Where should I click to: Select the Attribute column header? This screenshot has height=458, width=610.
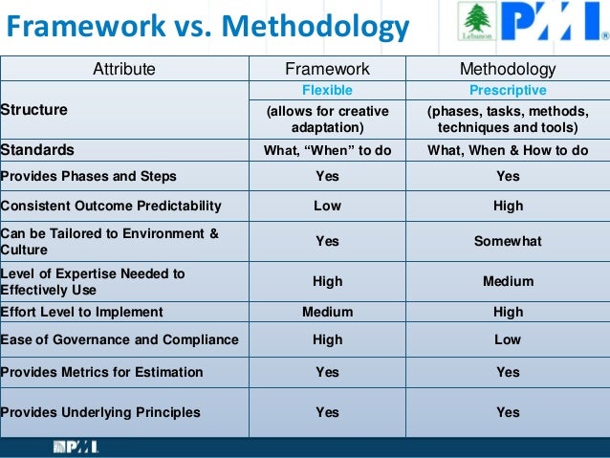123,69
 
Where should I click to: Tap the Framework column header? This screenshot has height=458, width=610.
327,69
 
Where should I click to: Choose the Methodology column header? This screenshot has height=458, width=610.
508,69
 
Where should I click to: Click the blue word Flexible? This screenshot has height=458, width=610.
327,91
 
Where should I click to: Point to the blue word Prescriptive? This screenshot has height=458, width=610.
508,91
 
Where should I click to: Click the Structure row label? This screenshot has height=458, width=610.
34,110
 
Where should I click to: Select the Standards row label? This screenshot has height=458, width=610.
37,150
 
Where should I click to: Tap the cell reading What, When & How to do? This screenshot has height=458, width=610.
508,150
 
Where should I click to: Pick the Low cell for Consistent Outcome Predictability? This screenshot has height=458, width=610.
327,206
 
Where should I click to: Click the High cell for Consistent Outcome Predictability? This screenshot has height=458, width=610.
508,206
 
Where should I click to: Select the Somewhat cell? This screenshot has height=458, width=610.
508,242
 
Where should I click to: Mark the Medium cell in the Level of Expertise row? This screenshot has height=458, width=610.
508,281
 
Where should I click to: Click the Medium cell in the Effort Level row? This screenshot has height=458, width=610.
327,312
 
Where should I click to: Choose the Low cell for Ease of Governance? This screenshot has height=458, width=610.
508,339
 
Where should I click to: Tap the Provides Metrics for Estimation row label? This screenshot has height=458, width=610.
102,372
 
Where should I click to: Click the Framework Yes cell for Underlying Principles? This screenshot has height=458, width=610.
327,412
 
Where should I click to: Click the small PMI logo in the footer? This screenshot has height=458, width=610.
76,447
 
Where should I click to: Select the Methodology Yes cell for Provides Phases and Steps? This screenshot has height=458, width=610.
508,176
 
